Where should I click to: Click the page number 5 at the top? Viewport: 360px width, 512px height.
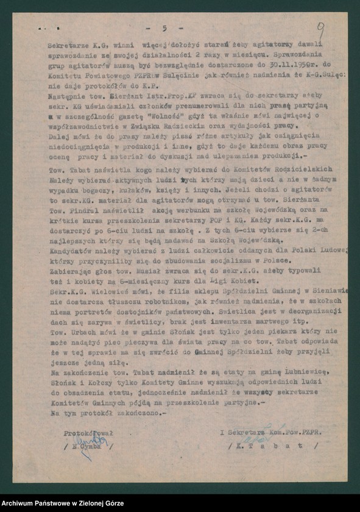click(x=164, y=29)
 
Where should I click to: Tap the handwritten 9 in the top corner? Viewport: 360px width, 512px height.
click(x=321, y=29)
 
